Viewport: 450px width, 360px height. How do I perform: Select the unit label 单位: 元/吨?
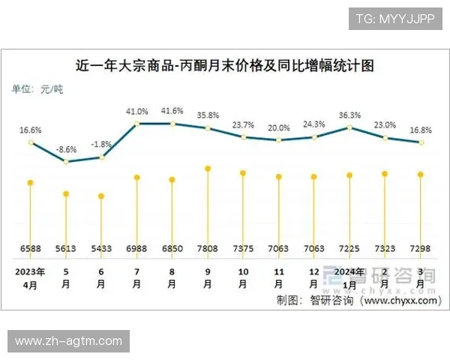(37, 89)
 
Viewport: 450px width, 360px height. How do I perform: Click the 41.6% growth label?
(172, 110)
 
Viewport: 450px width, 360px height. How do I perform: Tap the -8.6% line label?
(67, 149)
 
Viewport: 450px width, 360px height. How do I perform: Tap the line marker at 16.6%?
(30, 142)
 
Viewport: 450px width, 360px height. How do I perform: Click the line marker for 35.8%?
(208, 128)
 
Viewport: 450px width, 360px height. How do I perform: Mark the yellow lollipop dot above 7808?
(208, 169)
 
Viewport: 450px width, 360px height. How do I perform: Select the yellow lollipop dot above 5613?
(66, 193)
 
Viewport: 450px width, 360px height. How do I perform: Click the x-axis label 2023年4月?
(30, 278)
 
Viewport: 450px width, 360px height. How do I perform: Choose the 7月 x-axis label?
(137, 278)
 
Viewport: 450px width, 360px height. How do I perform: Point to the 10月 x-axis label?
(244, 278)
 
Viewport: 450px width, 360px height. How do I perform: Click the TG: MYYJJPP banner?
(395, 19)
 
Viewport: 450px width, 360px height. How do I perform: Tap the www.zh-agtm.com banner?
(69, 341)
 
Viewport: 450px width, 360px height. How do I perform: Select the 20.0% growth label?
(279, 127)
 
